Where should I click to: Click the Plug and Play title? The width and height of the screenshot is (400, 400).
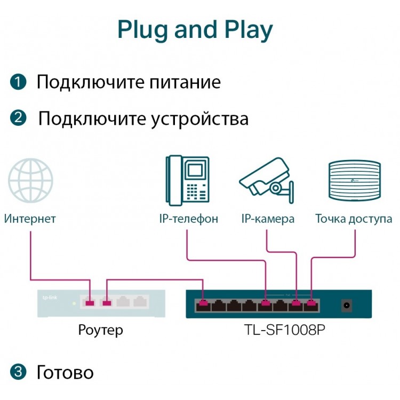click(195, 30)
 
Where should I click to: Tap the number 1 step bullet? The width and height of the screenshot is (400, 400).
click(18, 82)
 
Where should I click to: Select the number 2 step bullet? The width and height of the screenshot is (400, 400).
click(18, 118)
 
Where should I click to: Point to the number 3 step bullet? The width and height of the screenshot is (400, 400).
click(18, 372)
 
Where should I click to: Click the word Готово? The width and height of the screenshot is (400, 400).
click(65, 372)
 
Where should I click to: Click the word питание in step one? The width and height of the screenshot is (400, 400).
click(185, 82)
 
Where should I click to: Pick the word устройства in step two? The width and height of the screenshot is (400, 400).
click(199, 119)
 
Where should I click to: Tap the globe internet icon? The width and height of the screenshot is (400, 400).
click(30, 180)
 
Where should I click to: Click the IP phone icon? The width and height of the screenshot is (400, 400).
click(188, 180)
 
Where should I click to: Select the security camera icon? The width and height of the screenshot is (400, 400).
click(267, 180)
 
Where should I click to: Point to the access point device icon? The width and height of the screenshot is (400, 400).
click(355, 180)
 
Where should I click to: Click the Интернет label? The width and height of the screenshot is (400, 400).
click(30, 219)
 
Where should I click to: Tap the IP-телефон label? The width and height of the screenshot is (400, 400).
click(188, 219)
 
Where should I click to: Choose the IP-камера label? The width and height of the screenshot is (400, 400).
click(268, 219)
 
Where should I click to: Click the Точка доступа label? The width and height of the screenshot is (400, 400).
click(354, 219)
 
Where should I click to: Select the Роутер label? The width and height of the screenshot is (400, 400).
click(100, 330)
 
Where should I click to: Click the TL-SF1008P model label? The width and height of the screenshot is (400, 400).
click(284, 330)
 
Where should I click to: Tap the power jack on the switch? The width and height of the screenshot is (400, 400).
click(347, 305)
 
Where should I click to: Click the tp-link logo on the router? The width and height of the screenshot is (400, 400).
click(50, 298)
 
